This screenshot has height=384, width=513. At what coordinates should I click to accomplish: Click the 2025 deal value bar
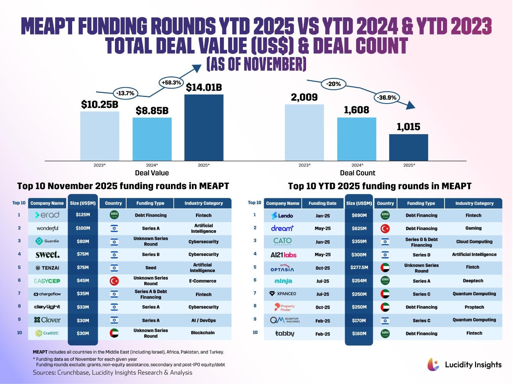pyautogui.click(x=204, y=127)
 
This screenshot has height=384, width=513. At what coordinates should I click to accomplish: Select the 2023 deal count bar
pyautogui.click(x=304, y=132)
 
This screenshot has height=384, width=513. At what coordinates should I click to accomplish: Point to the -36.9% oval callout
pyautogui.click(x=386, y=98)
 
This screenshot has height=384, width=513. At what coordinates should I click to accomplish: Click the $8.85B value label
pyautogui.click(x=152, y=111)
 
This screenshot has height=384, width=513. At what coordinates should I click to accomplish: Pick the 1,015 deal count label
pyautogui.click(x=408, y=127)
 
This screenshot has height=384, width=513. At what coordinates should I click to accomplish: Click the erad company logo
pyautogui.click(x=47, y=215)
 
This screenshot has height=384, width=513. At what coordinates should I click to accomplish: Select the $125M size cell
pyautogui.click(x=83, y=215)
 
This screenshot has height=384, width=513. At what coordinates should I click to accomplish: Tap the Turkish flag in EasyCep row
pyautogui.click(x=114, y=281)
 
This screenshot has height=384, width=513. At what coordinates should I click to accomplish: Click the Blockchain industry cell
pyautogui.click(x=203, y=333)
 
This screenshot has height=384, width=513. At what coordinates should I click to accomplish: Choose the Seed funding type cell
pyautogui.click(x=150, y=268)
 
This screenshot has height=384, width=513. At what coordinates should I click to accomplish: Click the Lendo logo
pyautogui.click(x=282, y=216)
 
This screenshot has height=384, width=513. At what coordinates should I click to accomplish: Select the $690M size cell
pyautogui.click(x=359, y=215)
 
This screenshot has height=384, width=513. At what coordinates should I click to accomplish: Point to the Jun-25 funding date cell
pyautogui.click(x=323, y=242)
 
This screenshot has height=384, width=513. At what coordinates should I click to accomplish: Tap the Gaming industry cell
pyautogui.click(x=473, y=228)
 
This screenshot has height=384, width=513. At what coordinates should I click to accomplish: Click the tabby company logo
pyautogui.click(x=285, y=333)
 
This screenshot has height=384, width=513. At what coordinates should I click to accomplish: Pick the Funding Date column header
pyautogui.click(x=323, y=203)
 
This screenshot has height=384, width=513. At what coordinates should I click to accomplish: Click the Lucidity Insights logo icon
pyautogui.click(x=433, y=365)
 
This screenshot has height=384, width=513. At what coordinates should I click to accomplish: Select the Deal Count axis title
pyautogui.click(x=357, y=173)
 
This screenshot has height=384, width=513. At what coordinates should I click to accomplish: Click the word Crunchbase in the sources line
pyautogui.click(x=73, y=373)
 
